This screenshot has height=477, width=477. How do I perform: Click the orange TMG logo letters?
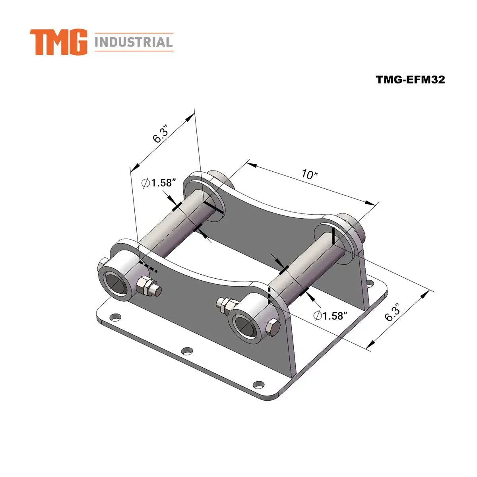pyautogui.click(x=58, y=42)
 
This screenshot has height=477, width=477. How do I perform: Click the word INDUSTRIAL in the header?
pyautogui.click(x=134, y=42)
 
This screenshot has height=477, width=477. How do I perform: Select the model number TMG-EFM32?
pyautogui.click(x=411, y=79)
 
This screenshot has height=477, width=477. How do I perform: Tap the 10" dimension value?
pyautogui.click(x=308, y=175)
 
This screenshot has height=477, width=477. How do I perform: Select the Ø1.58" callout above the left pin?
pyautogui.click(x=159, y=183)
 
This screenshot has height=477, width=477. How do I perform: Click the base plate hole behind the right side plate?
pyautogui.click(x=370, y=284)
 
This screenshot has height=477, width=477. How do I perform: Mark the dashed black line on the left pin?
pyautogui.click(x=149, y=267)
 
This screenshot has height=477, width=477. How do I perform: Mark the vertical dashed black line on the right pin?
pyautogui.click(x=270, y=296)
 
